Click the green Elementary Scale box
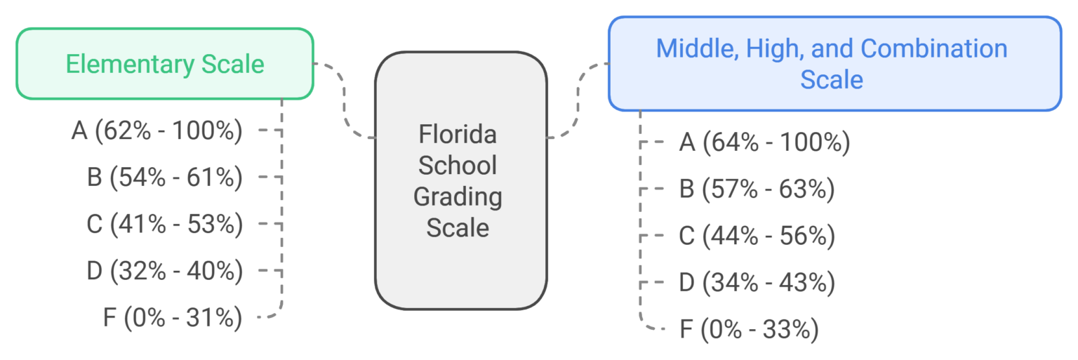pos(164,64)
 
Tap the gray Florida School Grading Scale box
pos(460,180)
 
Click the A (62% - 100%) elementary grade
pos(157,131)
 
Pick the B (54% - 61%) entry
pos(165,178)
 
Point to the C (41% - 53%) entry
pos(165,224)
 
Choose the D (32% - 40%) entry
pos(165,271)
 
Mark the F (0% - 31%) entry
pos(173,318)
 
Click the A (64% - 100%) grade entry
pos(764,143)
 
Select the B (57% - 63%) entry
pos(757,189)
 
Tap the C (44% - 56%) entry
pos(757,236)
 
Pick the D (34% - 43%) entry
pos(757,283)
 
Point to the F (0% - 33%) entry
pos(749,330)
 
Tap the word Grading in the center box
pos(458,196)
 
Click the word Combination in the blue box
pos(933,49)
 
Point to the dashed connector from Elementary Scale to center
pos(345,98)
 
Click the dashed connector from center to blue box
pos(579,98)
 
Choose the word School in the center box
pos(458,165)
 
